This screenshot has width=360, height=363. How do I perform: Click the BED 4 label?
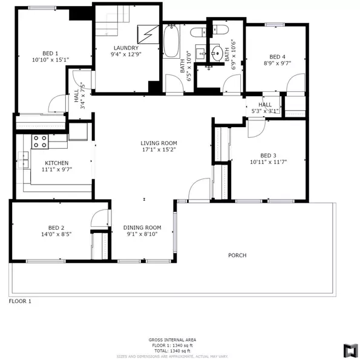pos(278,55)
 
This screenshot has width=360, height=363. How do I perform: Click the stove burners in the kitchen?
pos(41,142)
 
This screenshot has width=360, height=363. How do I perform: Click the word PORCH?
pos(237,255)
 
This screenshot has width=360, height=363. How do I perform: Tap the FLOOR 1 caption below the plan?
pos(20,301)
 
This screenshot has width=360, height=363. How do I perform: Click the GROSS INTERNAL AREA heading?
pos(171,340)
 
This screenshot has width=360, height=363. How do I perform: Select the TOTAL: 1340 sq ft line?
pos(171,350)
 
